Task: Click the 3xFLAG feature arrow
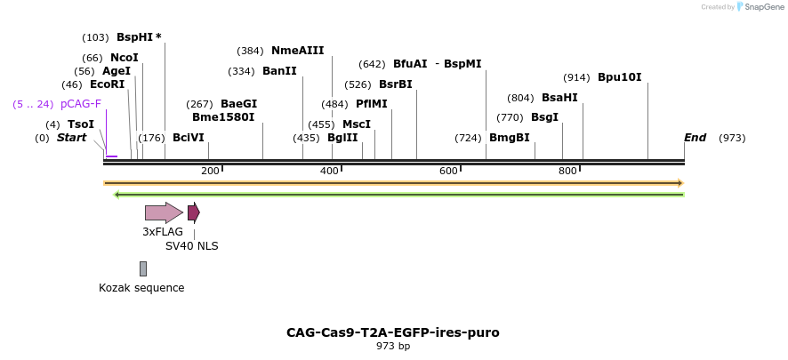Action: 164,212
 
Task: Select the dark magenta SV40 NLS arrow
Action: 193,212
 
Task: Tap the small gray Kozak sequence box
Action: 142,268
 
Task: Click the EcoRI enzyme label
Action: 107,84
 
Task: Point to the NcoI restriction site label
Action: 125,58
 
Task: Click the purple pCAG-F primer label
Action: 81,104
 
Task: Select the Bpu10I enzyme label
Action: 619,77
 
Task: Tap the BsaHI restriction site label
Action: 559,98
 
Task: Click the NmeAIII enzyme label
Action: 297,51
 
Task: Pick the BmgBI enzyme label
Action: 509,138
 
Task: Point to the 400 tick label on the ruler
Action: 329,171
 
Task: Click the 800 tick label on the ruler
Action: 567,171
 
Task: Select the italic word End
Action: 695,138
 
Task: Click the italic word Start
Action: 72,138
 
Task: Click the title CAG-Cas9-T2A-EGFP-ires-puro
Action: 392,332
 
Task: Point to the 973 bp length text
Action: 392,347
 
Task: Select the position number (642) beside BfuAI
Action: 372,64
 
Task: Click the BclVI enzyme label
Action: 188,138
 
